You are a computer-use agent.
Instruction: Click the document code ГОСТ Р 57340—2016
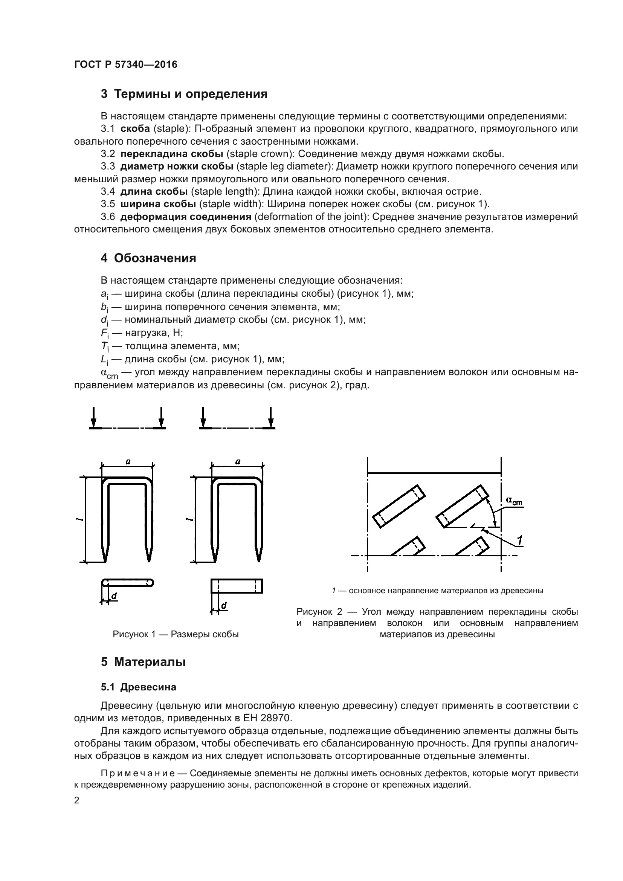coord(125,64)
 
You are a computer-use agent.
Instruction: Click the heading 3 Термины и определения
coord(184,94)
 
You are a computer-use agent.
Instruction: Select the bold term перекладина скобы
coord(171,154)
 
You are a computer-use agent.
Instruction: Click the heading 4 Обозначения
coord(148,258)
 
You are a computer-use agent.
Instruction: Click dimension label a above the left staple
coord(128,462)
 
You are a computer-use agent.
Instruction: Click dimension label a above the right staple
coord(237,462)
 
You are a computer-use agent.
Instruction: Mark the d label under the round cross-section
coord(114,596)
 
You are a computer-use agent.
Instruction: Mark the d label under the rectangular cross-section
coord(224,606)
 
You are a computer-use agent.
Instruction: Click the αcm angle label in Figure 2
coord(514,500)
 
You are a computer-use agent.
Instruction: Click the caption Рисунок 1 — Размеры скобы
coord(176,634)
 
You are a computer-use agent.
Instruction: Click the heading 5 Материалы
coord(143,662)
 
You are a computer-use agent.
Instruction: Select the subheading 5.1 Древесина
coord(139,687)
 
